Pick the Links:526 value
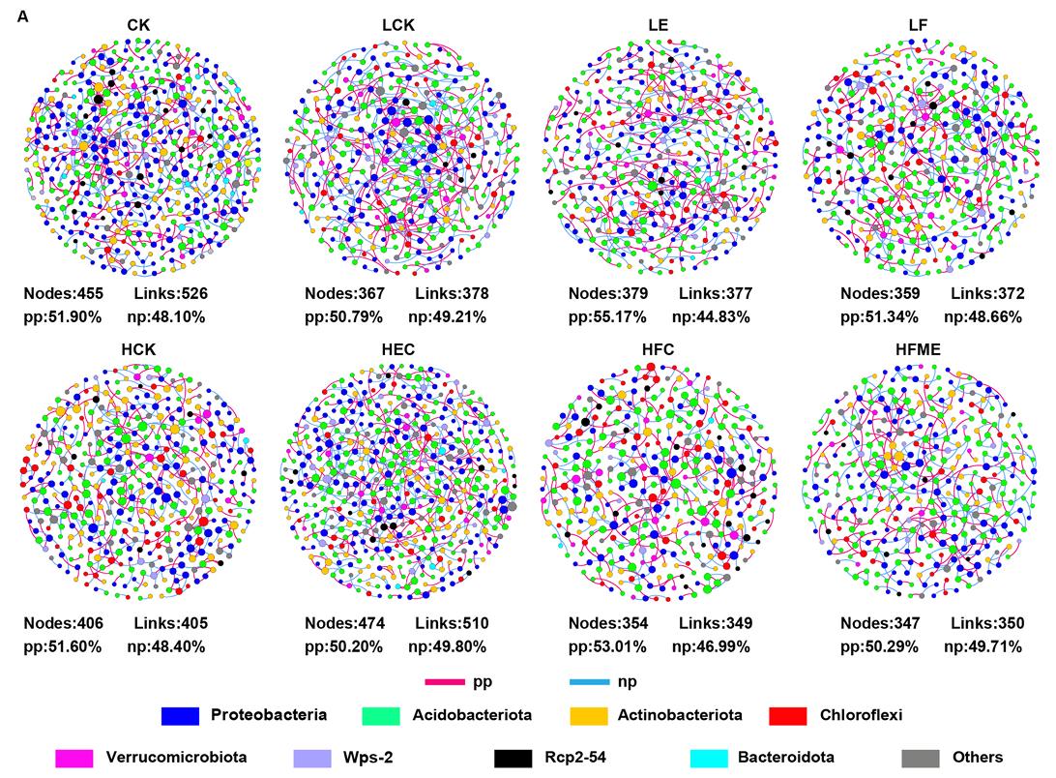coord(170,293)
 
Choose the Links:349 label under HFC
coord(715,623)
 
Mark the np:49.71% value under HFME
coord(985,646)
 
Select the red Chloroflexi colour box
coord(788,716)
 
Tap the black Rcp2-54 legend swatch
coord(511,757)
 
